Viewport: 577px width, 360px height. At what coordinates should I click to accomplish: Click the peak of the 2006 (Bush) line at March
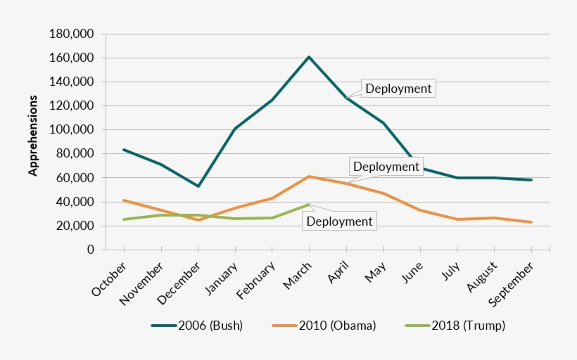point(309,56)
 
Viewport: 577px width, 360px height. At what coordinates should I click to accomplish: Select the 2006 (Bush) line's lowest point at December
point(198,186)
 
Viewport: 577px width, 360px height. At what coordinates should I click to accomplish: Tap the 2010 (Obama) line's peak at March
point(309,176)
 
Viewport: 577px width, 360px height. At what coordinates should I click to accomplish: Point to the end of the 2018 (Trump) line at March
point(309,205)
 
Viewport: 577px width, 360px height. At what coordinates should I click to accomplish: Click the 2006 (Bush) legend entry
point(197,326)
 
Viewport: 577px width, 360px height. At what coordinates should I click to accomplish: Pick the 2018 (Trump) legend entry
point(456,326)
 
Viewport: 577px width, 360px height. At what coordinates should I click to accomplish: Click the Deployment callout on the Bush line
point(398,88)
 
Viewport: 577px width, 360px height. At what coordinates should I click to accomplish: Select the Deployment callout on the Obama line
point(386,167)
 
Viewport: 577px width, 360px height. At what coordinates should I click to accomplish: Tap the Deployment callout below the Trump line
point(338,221)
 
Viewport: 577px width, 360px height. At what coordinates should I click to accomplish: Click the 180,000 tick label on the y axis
point(72,34)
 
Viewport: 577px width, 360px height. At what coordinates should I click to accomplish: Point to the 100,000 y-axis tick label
point(72,130)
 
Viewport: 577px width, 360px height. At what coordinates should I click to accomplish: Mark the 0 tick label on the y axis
point(91,250)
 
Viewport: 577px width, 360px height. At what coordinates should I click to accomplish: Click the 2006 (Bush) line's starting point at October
point(124,150)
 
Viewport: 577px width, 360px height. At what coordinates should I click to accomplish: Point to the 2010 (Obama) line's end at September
point(531,222)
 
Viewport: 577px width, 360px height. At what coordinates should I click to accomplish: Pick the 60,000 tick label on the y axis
point(75,178)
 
